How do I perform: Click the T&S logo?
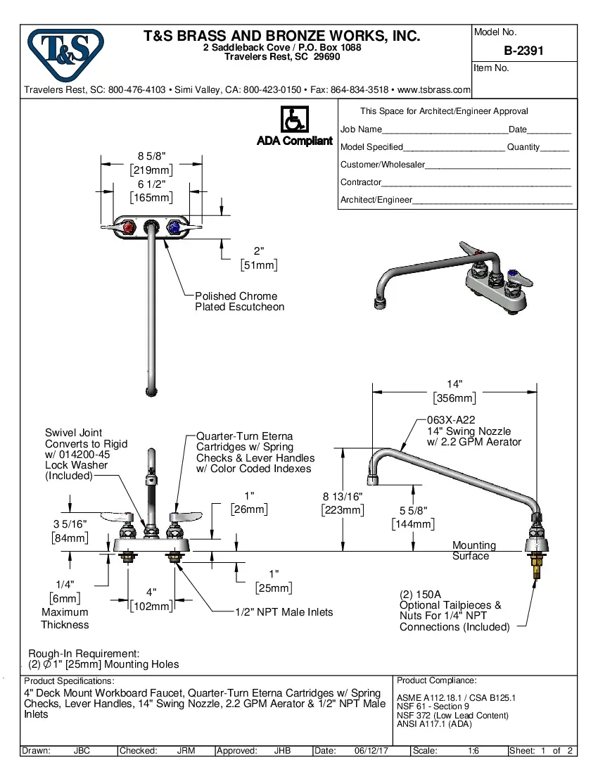tap(65, 51)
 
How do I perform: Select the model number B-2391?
tap(523, 51)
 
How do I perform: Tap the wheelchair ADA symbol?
tap(295, 120)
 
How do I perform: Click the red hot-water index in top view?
tap(128, 229)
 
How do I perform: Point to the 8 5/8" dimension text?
tap(151, 156)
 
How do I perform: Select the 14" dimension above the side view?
tap(454, 384)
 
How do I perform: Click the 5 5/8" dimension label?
tap(412, 511)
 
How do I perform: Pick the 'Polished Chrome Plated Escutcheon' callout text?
tap(239, 301)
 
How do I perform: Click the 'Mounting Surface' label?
tap(473, 550)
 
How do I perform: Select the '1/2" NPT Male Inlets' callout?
tap(284, 612)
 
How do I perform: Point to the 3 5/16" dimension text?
tap(70, 524)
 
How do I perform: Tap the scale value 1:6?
tap(473, 751)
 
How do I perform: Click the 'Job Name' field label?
tap(361, 129)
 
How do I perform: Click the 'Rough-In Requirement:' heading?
tap(84, 653)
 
